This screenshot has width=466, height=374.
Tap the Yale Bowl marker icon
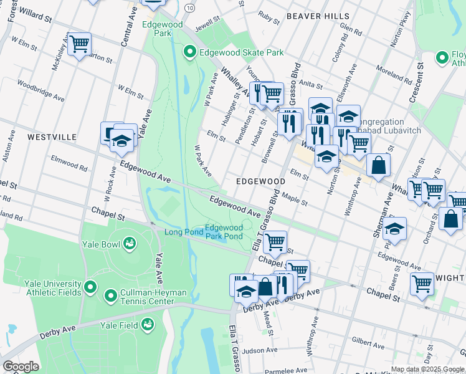(x=130, y=242)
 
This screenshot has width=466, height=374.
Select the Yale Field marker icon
(x=148, y=323)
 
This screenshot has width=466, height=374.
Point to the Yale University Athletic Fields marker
(x=90, y=287)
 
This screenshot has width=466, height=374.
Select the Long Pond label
(x=184, y=233)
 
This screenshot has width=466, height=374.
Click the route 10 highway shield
(x=190, y=7)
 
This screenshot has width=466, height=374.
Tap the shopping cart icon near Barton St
(x=79, y=44)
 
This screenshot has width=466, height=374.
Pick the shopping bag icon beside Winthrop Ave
(x=378, y=166)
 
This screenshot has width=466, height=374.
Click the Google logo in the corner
(x=21, y=367)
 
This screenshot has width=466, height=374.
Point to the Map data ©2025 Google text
(x=427, y=369)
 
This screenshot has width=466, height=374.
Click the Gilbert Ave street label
(x=366, y=341)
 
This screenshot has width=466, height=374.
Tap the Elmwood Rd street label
(x=69, y=163)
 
